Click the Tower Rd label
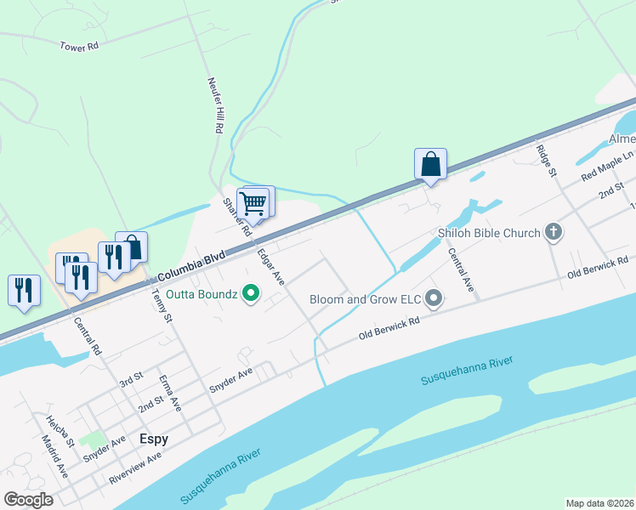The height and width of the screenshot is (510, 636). coord(80,46)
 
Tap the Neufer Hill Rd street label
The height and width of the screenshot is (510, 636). coord(214,105)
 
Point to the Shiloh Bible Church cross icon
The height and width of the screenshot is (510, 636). coord(554,232)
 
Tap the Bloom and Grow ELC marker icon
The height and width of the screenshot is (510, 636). coord(434,298)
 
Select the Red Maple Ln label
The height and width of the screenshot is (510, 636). coord(607,165)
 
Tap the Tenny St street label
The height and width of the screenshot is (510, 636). coord(162,306)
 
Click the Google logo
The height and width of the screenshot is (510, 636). coord(28,500)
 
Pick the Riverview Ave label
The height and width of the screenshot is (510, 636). coord(134,468)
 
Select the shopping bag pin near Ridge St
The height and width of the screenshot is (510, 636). coord(430,163)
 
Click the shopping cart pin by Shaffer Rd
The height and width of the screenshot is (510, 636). coord(253,204)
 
